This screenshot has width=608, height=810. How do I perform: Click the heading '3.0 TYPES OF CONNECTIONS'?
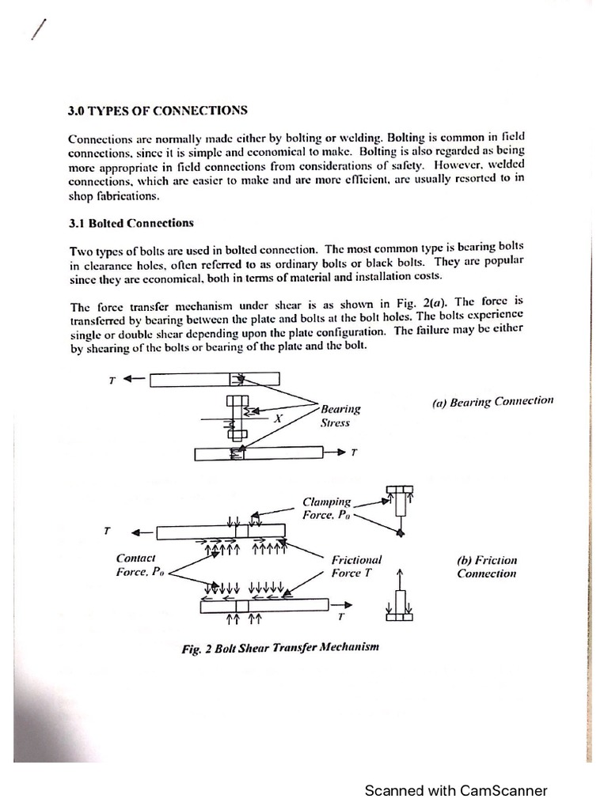158,110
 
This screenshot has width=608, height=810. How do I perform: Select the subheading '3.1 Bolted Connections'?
131,224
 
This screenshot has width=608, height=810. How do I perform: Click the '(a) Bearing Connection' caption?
492,402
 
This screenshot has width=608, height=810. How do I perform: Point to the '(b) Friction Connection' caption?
486,566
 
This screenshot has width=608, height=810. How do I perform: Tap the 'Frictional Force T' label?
356,566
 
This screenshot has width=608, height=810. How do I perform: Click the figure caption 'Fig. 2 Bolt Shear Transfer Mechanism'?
280,647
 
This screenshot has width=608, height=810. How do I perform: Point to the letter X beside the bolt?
278,419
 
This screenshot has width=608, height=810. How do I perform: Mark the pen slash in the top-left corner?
37,29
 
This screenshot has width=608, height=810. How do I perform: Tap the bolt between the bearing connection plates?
236,416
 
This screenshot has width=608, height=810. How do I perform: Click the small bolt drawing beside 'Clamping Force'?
401,506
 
